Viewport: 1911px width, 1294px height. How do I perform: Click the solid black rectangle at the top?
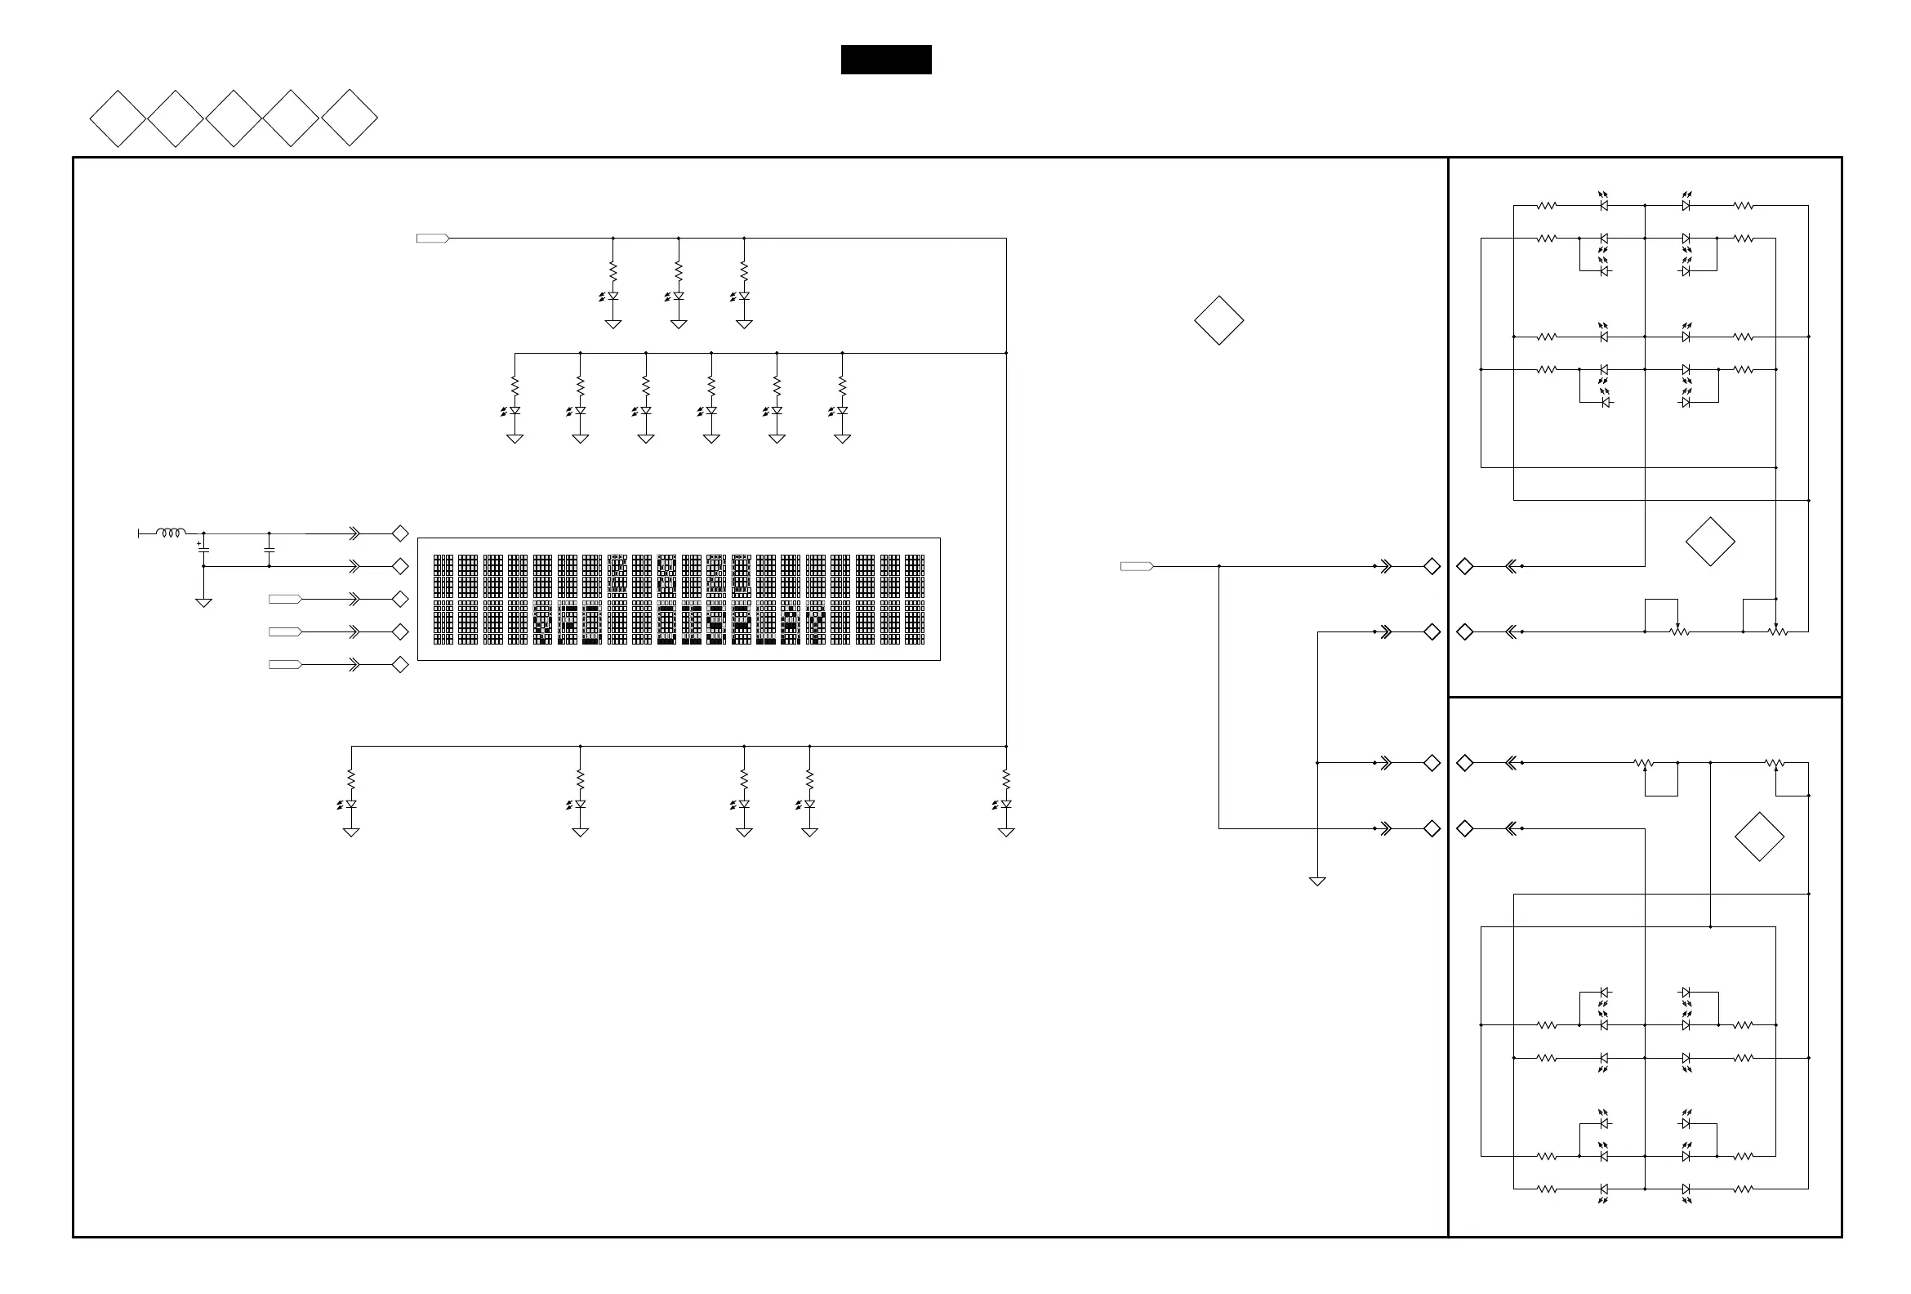(x=885, y=60)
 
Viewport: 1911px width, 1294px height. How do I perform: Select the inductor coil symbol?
(x=170, y=533)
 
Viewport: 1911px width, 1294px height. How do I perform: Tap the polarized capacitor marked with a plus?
(x=203, y=549)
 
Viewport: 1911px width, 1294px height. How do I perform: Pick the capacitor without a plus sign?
(x=269, y=549)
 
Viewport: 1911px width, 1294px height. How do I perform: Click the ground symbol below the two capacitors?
(x=203, y=603)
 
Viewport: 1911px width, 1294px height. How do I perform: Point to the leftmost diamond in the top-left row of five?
(x=118, y=118)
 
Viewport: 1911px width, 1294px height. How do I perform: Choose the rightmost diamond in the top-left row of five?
(x=350, y=118)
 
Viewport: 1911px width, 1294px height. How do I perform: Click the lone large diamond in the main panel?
(x=1218, y=320)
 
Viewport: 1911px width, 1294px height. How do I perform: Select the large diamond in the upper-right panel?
(x=1710, y=542)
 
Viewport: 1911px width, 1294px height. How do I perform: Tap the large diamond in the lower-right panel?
(x=1760, y=837)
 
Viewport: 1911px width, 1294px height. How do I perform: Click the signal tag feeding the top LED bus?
(x=433, y=239)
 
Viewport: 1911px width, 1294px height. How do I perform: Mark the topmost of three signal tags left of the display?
(x=285, y=599)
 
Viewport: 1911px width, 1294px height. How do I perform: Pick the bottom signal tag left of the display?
(x=285, y=665)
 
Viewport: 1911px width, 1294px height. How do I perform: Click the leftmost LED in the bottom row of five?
(x=350, y=804)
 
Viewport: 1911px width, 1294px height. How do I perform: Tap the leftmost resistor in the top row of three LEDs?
(x=612, y=270)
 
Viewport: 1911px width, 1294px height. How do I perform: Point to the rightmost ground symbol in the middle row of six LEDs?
(x=842, y=440)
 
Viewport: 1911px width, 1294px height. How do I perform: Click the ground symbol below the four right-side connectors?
(x=1317, y=881)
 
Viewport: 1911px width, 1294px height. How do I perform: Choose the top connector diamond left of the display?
(x=400, y=534)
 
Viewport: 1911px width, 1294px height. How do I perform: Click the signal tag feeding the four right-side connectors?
(x=1137, y=566)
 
